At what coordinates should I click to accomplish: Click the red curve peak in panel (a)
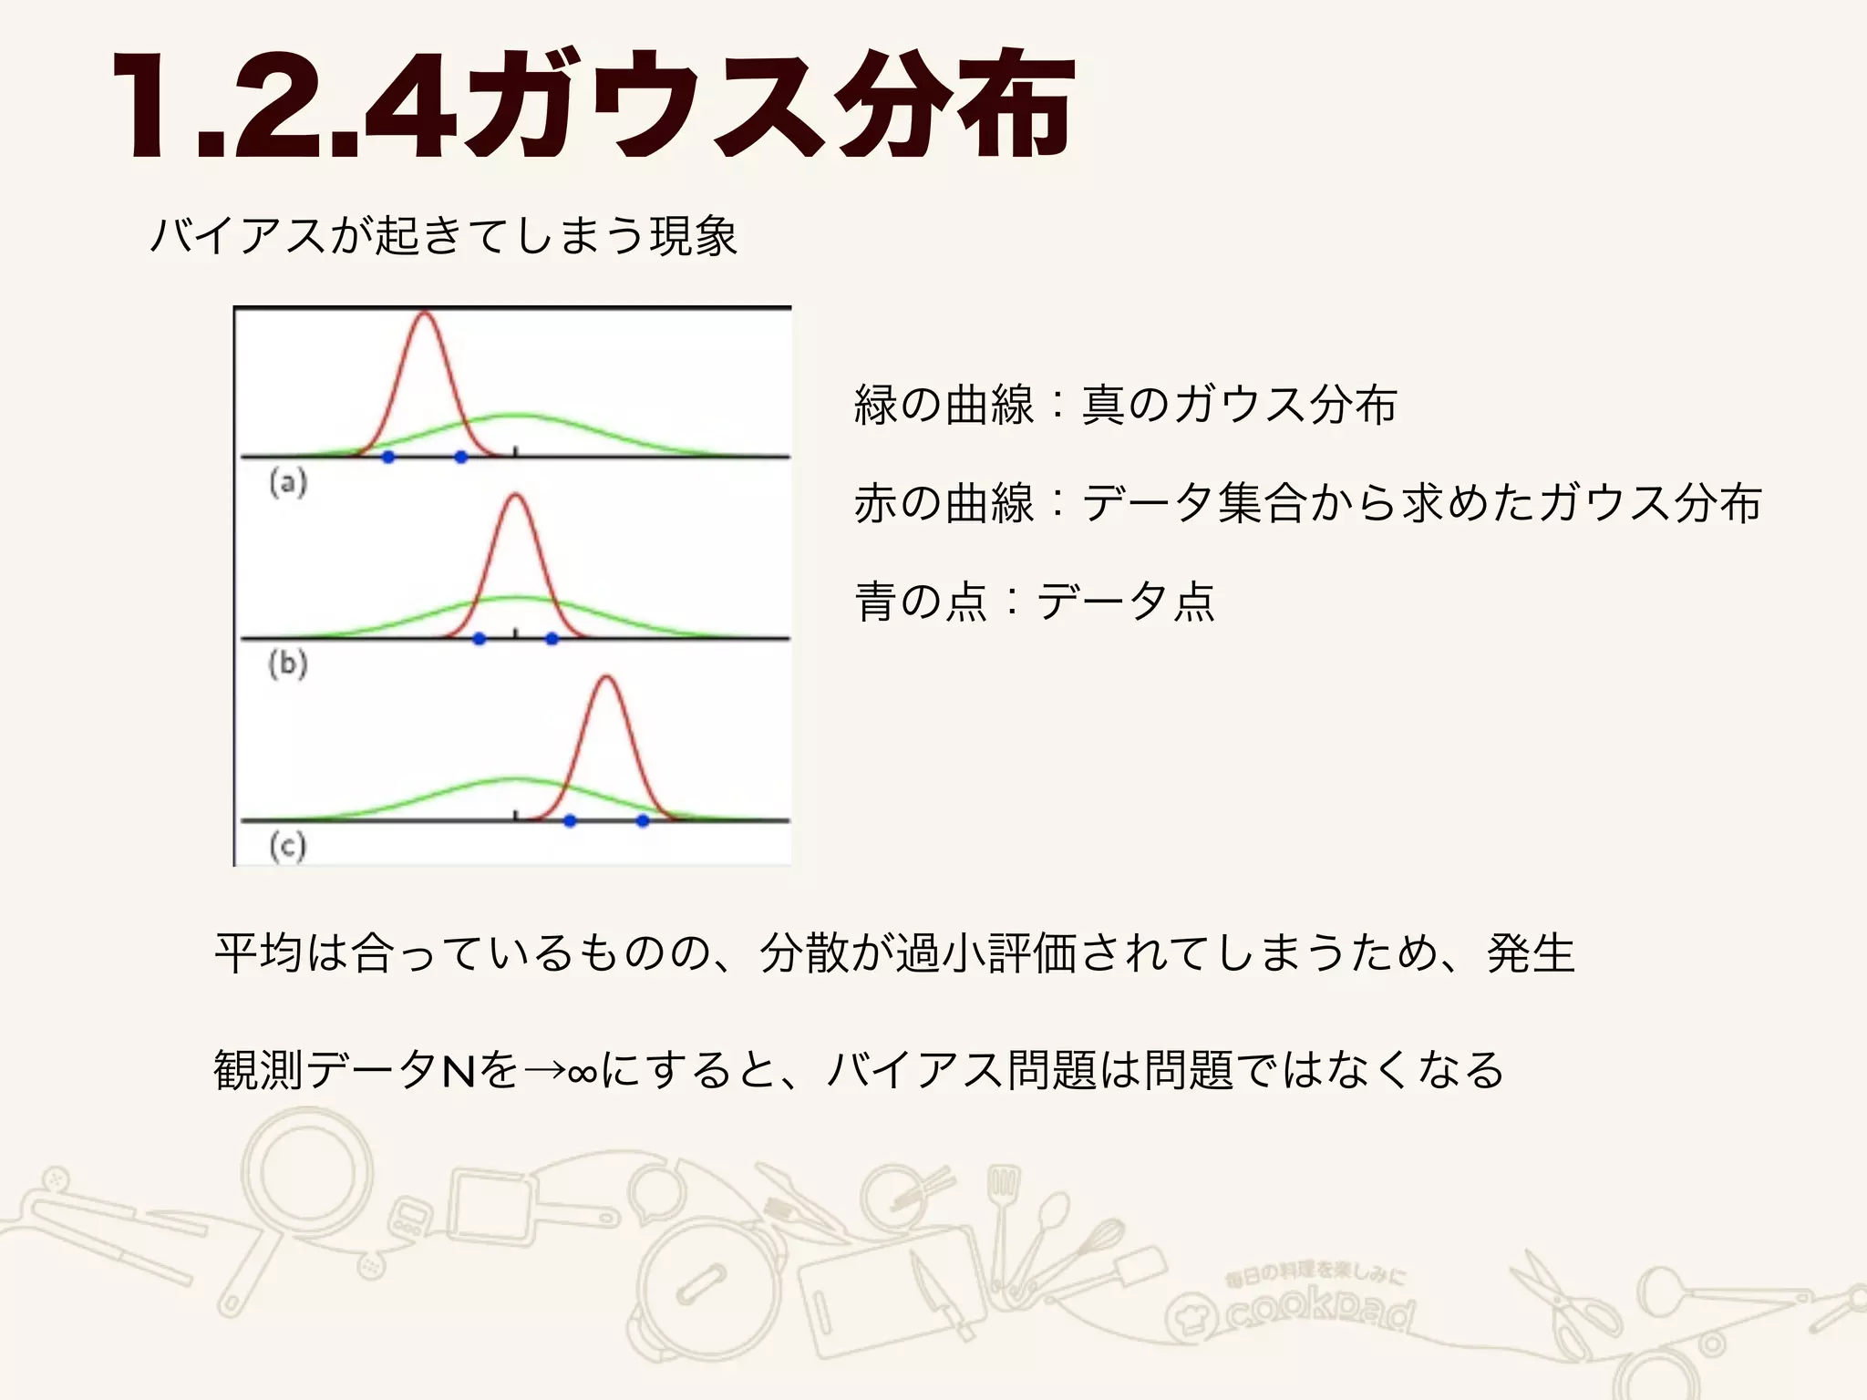coord(424,314)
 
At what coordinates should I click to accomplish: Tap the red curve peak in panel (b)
coord(516,496)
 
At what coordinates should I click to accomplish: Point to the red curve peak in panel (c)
coord(607,678)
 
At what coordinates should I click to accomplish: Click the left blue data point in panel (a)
coord(388,457)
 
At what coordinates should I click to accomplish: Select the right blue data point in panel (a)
coord(461,457)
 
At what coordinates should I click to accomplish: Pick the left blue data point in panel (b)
coord(480,639)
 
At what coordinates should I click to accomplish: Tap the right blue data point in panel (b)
coord(552,639)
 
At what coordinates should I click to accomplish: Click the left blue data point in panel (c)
coord(570,820)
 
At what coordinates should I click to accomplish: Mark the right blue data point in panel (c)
coord(643,820)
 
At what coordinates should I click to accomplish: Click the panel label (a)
coord(288,482)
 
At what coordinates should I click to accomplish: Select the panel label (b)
coord(288,664)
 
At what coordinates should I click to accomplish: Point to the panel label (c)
coord(288,846)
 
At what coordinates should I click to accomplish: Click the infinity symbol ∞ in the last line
coord(582,1072)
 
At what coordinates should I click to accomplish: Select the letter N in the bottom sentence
coord(459,1071)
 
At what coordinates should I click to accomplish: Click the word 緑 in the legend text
coord(876,406)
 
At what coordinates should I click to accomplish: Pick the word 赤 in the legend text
coord(876,504)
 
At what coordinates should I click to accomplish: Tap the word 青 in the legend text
coord(876,602)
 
